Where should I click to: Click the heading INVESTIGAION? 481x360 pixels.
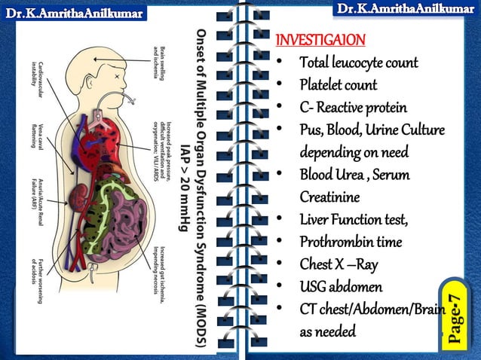pos(321,39)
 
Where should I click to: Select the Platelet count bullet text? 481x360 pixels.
pos(338,84)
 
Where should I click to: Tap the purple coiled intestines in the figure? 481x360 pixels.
pos(124,226)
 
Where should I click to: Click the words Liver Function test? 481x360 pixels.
pos(353,220)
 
